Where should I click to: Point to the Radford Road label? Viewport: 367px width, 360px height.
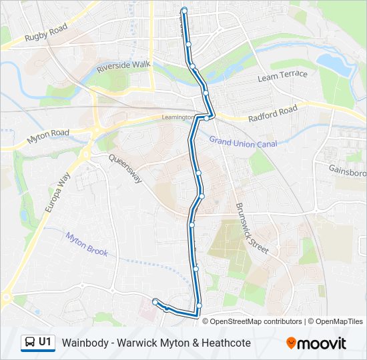pos(272,114)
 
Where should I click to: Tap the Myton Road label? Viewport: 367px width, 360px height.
pos(48,137)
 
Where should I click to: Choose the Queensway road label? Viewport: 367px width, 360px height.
pos(125,169)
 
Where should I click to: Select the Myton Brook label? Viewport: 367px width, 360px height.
pos(86,243)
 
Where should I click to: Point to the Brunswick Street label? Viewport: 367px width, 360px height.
pos(252,229)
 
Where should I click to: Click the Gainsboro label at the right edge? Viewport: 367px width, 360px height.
pos(347,169)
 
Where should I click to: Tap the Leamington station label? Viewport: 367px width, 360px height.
pos(177,117)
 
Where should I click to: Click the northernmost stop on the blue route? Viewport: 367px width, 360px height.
pos(183,9)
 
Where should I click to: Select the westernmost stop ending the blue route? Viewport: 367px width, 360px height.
pos(155,302)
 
